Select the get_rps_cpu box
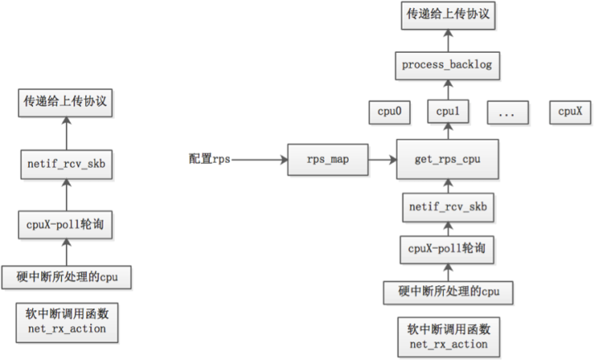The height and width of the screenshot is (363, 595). (x=447, y=159)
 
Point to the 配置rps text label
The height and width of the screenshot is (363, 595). (x=209, y=159)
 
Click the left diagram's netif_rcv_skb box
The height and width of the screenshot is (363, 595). (x=65, y=164)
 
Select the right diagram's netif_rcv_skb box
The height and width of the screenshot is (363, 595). (x=447, y=207)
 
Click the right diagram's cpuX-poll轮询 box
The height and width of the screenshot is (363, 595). (x=447, y=249)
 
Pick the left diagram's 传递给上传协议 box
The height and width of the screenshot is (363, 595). (x=65, y=103)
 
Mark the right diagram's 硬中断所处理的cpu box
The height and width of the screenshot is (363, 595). (x=447, y=291)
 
